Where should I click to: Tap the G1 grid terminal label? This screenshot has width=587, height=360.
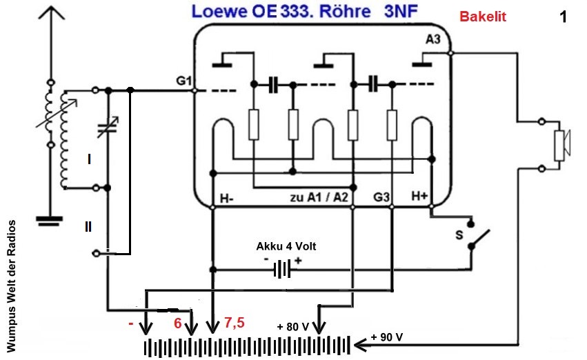(x=183, y=81)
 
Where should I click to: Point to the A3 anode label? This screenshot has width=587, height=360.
(x=432, y=40)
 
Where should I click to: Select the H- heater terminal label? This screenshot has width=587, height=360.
(x=227, y=199)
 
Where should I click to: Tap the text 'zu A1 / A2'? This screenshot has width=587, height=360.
(x=318, y=199)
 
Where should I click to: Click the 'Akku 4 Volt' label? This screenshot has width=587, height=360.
(x=286, y=246)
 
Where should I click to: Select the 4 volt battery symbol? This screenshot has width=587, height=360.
(x=281, y=269)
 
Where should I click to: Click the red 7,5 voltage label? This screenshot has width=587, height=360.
(x=235, y=322)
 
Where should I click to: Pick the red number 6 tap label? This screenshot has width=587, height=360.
(x=177, y=322)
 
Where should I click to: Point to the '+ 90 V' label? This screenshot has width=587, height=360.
(x=387, y=338)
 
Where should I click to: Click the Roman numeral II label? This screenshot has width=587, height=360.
(x=89, y=226)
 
